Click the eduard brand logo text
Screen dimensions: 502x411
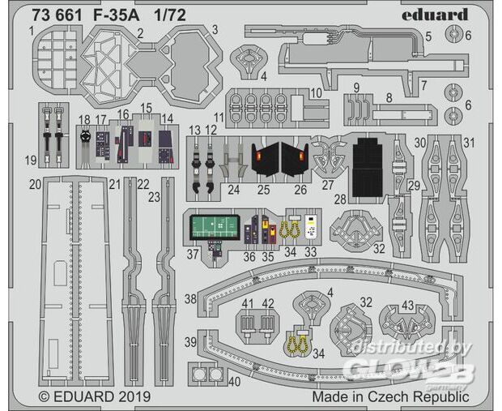(435, 15)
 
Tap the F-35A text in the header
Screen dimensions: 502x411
(117, 15)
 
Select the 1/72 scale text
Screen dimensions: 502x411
(170, 15)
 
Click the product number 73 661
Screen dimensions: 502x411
(57, 15)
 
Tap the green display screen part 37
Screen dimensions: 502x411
(215, 227)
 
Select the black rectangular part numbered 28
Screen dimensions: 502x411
(368, 167)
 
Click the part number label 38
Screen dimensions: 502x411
(190, 299)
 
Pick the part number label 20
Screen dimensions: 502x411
(35, 184)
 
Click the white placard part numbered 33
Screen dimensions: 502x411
(311, 227)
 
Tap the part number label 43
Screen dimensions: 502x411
(407, 305)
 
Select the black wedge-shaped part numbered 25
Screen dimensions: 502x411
(266, 160)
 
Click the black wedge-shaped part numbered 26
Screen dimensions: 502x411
(295, 160)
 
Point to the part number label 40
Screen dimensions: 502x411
(235, 381)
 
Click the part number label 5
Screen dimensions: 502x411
(428, 36)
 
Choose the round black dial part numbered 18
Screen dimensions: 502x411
(84, 137)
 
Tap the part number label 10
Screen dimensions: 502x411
(316, 93)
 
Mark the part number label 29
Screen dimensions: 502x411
(414, 186)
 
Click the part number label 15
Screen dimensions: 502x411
(146, 108)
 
